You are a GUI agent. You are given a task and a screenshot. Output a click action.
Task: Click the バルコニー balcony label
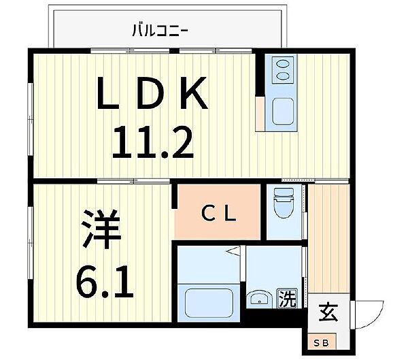pos(160,29)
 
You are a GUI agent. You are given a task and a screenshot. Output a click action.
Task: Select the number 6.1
pos(103,278)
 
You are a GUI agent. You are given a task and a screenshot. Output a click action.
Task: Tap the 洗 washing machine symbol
pos(288,298)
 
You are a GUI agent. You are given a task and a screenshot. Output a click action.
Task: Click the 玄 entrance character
pos(328,314)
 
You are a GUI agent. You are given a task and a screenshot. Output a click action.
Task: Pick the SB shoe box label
pos(320,341)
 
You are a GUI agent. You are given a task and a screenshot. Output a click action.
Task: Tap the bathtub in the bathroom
pos(209,301)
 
